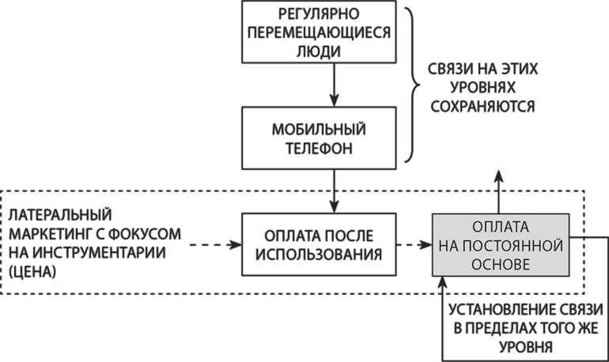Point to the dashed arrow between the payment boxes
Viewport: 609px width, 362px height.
pyautogui.click(x=414, y=245)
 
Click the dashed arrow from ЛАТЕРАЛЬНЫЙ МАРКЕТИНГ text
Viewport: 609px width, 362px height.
pyautogui.click(x=211, y=245)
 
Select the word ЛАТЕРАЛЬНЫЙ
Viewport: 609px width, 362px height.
pyautogui.click(x=60, y=215)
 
